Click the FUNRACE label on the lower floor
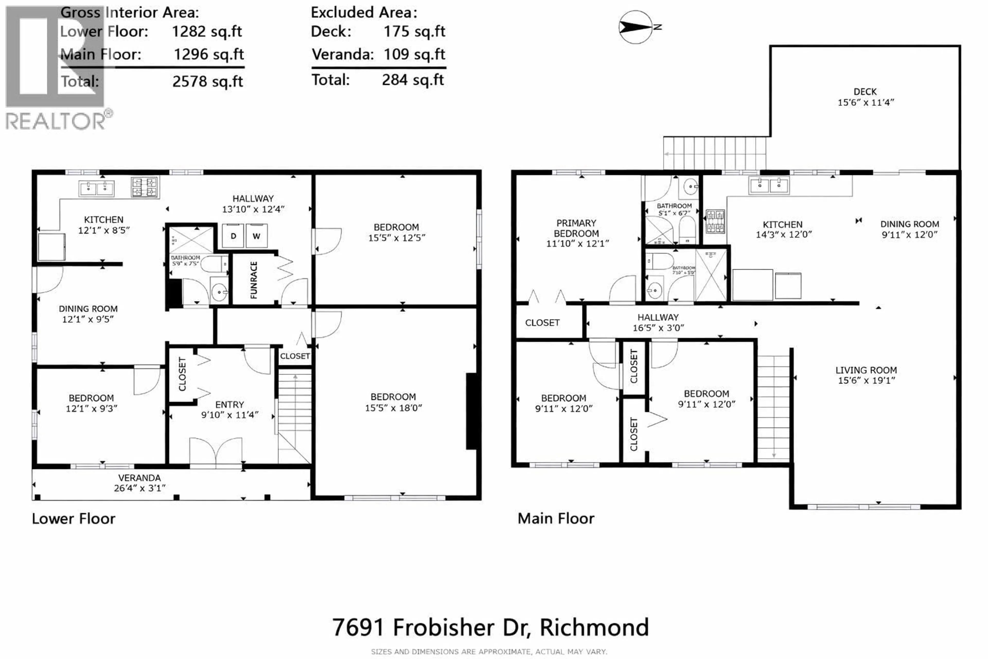(x=253, y=280)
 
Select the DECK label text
(x=865, y=92)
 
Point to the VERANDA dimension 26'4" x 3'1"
(x=139, y=488)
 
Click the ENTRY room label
(x=229, y=404)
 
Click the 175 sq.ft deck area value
(x=414, y=31)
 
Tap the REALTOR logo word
(x=56, y=122)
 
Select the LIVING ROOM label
(x=866, y=370)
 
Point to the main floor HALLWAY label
(x=658, y=317)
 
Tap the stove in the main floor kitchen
(x=715, y=221)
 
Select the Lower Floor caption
(x=74, y=519)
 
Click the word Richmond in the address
(x=594, y=628)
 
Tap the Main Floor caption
(x=556, y=519)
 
